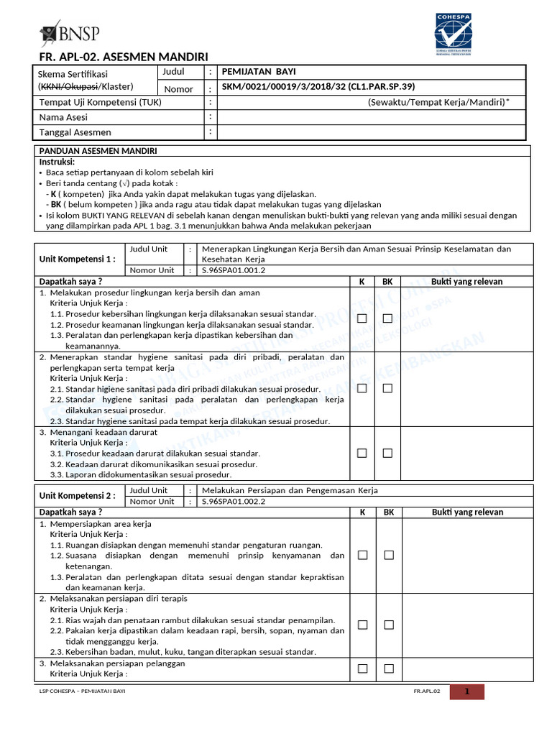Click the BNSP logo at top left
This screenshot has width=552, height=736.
pos(70,34)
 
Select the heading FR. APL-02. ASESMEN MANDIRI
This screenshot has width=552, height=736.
pos(123,57)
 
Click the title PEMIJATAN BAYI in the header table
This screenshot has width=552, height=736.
pos(258,72)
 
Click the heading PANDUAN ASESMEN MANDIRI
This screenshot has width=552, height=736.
pos(98,151)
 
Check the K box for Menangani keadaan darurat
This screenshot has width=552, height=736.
pos(362,453)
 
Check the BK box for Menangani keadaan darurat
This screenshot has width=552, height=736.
pos(387,453)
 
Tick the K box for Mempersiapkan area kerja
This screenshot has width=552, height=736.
pos(362,555)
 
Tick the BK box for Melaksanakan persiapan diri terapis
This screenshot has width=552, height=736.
pos(388,625)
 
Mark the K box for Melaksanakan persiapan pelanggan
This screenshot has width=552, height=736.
pos(362,668)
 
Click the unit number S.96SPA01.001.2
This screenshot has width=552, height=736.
pos(234,271)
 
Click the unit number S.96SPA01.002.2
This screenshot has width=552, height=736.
pos(234,502)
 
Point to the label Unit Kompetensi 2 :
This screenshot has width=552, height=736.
pos(77,496)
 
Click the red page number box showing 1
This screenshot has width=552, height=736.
pos(466,692)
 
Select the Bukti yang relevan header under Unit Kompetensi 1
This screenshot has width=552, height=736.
pos(466,282)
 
